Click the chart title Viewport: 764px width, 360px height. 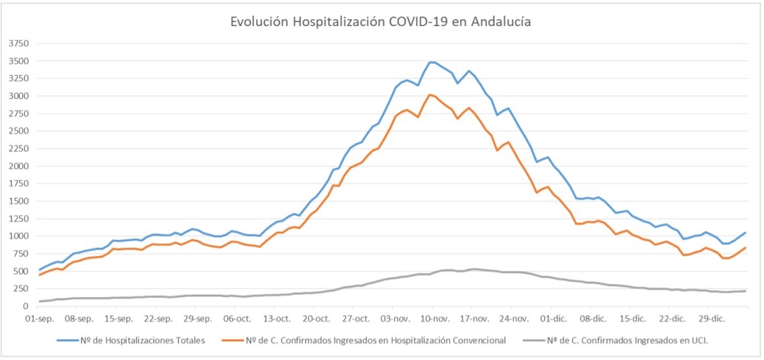381,21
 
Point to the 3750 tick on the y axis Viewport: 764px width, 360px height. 19,44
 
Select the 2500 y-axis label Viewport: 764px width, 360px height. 19,131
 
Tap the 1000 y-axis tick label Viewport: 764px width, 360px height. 19,236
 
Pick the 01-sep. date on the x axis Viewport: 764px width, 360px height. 39,319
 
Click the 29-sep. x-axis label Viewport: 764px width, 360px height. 197,319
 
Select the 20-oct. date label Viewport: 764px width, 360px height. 317,319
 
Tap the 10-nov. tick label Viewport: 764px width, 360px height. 435,319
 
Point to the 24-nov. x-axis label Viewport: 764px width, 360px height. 514,319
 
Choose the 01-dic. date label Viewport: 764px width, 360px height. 554,319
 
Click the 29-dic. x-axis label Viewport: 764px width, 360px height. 711,319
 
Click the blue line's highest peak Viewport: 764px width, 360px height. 431,62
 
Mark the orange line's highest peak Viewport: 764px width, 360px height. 430,95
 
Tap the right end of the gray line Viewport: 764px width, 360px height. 745,290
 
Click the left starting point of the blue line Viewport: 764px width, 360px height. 39,270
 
